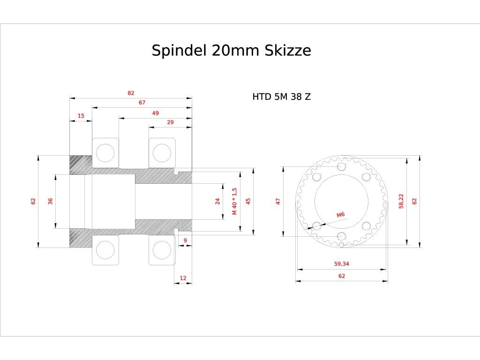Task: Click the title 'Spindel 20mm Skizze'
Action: pyautogui.click(x=231, y=50)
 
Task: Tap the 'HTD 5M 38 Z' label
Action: pyautogui.click(x=281, y=97)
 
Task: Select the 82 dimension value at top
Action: pyautogui.click(x=131, y=93)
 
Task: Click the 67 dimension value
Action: pyautogui.click(x=142, y=103)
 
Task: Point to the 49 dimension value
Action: pyautogui.click(x=155, y=113)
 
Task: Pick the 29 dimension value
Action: pyautogui.click(x=170, y=122)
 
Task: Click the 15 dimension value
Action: pyautogui.click(x=81, y=116)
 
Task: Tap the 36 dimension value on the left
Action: pyautogui.click(x=50, y=201)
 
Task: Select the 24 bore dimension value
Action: pyautogui.click(x=217, y=201)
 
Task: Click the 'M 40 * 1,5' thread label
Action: pyautogui.click(x=235, y=201)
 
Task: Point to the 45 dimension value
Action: pyautogui.click(x=248, y=201)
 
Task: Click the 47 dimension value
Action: pyautogui.click(x=278, y=201)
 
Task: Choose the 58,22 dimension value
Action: pyautogui.click(x=401, y=201)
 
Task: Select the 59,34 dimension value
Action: pyautogui.click(x=342, y=264)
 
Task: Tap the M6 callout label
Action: pyautogui.click(x=341, y=214)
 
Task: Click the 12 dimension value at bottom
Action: pyautogui.click(x=183, y=278)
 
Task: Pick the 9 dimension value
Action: pyautogui.click(x=185, y=240)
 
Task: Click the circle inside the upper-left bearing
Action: pyautogui.click(x=105, y=153)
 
